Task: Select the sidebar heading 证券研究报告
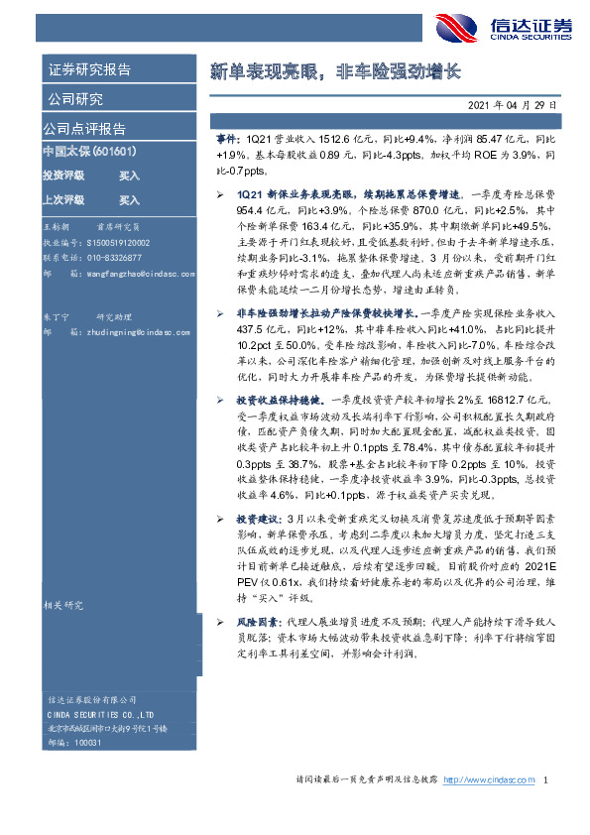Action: (88, 69)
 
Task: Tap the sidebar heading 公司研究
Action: (73, 98)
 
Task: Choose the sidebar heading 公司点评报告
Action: (83, 128)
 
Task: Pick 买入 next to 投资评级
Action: (129, 175)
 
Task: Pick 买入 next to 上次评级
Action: (129, 199)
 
